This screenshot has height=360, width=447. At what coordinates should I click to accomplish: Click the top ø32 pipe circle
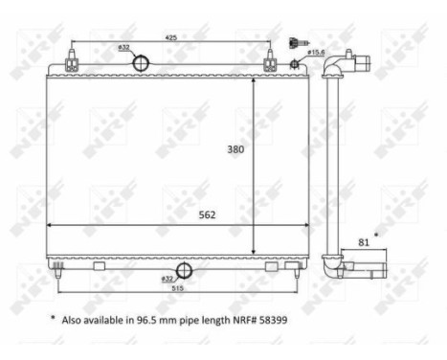tap(140, 64)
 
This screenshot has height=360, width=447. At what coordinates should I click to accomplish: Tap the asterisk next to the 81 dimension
tap(376, 233)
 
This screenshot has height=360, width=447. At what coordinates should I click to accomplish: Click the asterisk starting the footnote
tap(52, 317)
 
